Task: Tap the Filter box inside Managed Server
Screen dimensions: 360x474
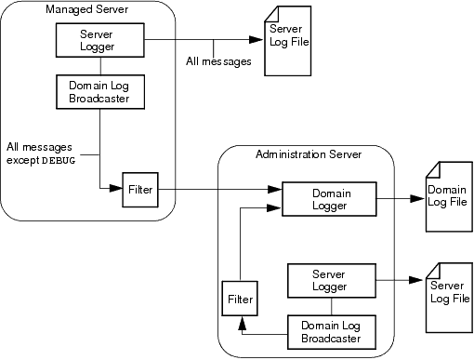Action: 140,190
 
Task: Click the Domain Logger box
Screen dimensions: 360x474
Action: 328,198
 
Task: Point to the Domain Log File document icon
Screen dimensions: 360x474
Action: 445,197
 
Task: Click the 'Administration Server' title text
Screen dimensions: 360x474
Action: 308,153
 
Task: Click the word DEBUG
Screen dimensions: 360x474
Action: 58,160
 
